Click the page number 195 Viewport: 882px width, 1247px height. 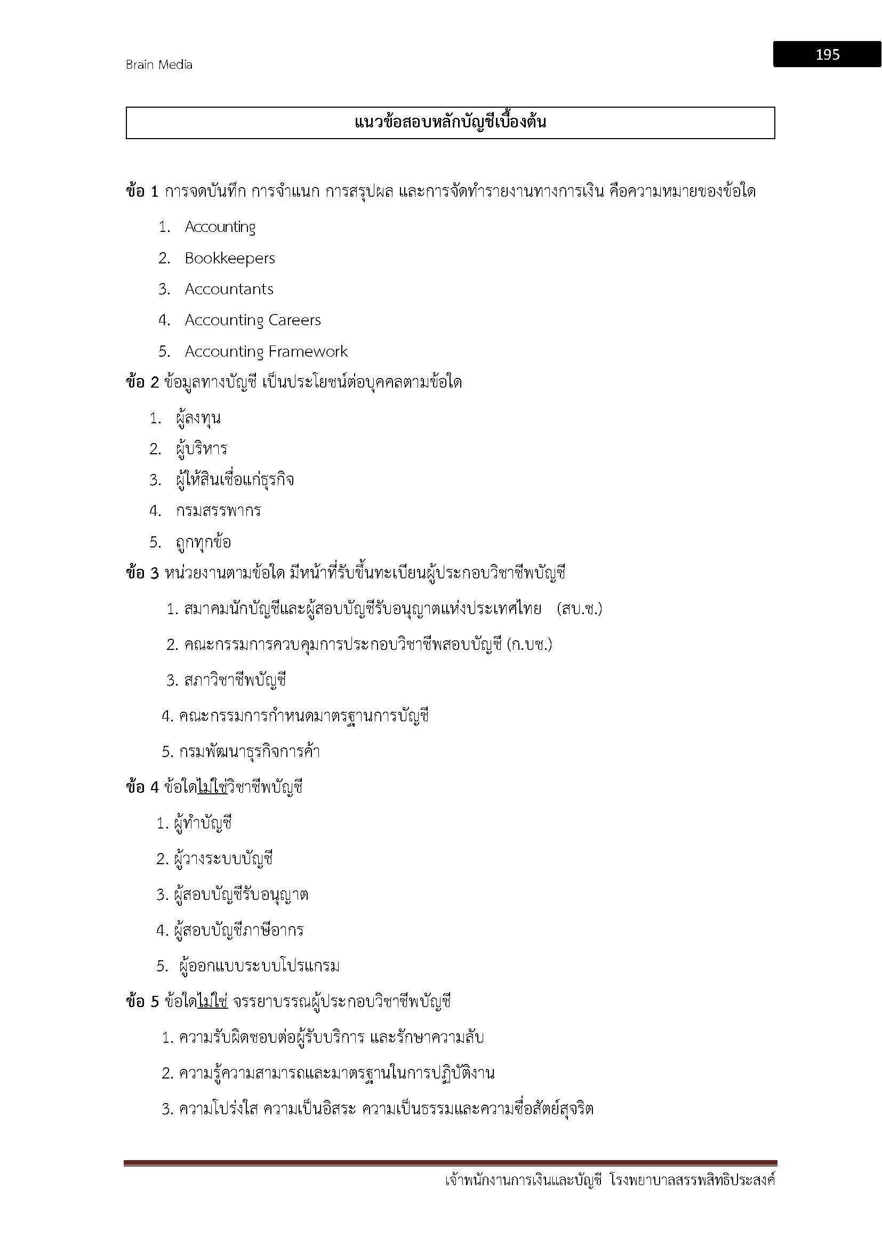coord(827,54)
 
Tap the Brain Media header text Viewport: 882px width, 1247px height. coord(158,65)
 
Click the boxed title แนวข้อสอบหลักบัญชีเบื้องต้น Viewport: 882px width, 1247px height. coord(450,122)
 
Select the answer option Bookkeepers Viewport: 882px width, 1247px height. coord(230,258)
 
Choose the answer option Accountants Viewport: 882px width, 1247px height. coord(229,289)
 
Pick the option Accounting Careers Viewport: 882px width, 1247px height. coord(253,320)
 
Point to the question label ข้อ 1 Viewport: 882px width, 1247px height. coord(142,192)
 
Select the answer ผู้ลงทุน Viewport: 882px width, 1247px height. coord(198,418)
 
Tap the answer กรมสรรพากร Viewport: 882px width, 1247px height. coord(218,511)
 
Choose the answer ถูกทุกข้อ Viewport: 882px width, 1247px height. coord(203,542)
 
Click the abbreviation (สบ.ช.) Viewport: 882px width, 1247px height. coord(580,609)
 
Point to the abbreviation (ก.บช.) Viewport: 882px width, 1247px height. coord(529,645)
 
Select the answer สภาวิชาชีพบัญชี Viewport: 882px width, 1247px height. coord(235,680)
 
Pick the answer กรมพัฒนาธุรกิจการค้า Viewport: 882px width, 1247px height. coord(249,752)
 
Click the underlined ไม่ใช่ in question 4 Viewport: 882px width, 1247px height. coord(212,787)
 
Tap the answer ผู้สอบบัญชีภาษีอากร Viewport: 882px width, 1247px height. coord(238,930)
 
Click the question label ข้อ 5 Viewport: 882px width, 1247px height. coord(142,1002)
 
